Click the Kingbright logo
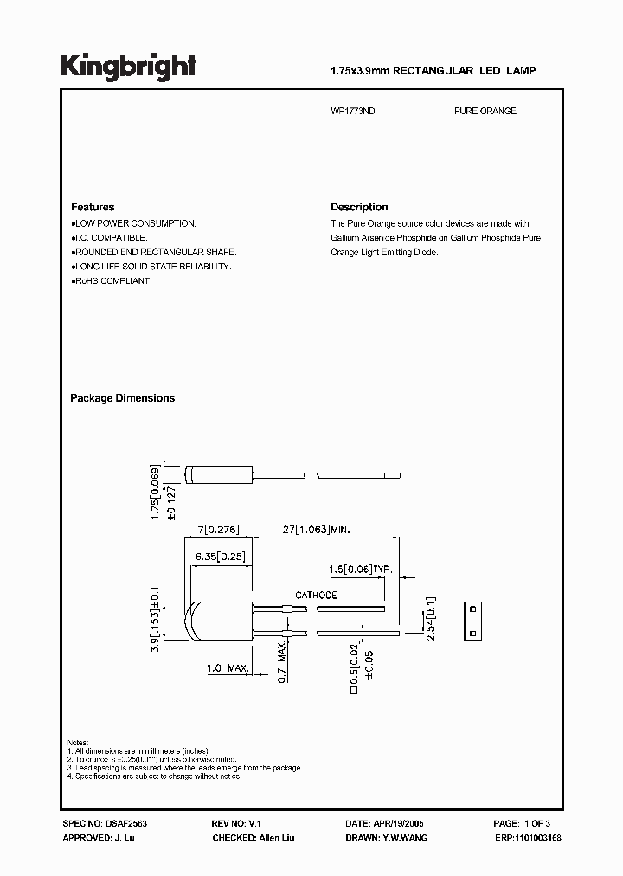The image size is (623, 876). (x=128, y=67)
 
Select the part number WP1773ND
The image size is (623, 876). (x=353, y=112)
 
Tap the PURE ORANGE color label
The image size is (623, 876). (x=485, y=112)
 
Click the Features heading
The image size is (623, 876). (x=93, y=208)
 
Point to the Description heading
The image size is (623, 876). (x=359, y=208)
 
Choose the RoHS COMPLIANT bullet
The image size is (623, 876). (x=112, y=281)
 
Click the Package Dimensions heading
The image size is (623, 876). (x=122, y=398)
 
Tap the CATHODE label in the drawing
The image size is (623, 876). (x=317, y=596)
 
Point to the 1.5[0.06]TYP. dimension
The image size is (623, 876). (x=361, y=569)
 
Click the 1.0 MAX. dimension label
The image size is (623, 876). (x=228, y=668)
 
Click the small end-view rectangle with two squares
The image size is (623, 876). (x=472, y=622)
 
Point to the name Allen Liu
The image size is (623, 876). (x=276, y=838)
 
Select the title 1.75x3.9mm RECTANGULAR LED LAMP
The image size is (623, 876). (x=434, y=70)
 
